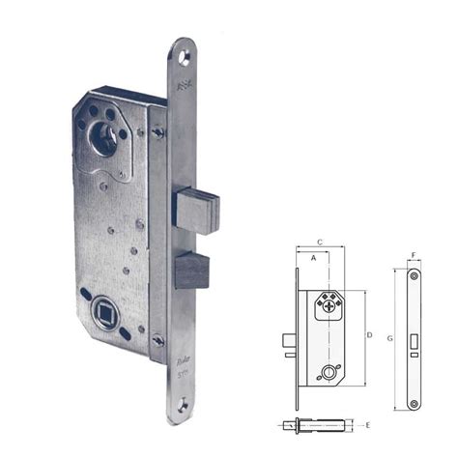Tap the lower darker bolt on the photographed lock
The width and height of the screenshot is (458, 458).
pyautogui.click(x=192, y=271)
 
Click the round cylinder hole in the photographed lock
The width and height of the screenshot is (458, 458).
pyautogui.click(x=105, y=145)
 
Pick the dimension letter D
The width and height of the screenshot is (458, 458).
pyautogui.click(x=369, y=334)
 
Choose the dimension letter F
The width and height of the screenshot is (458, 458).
pyautogui.click(x=414, y=256)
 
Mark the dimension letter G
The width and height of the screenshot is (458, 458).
pyautogui.click(x=389, y=339)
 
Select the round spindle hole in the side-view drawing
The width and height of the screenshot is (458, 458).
pyautogui.click(x=333, y=370)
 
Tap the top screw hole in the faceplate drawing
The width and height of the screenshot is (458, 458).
pyautogui.click(x=415, y=276)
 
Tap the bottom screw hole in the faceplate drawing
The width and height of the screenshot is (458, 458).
pyautogui.click(x=415, y=402)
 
